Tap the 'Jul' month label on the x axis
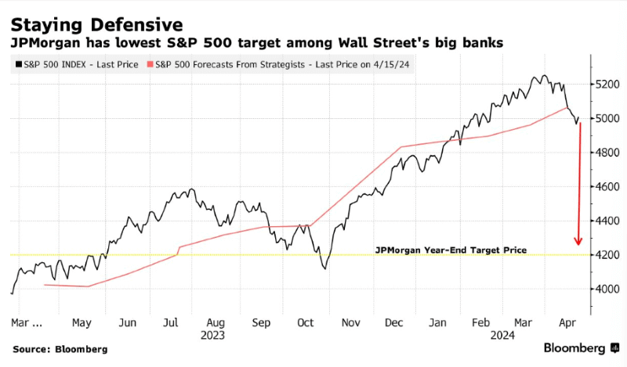click(170, 322)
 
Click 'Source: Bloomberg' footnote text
click(60, 349)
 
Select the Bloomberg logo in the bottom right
click(581, 348)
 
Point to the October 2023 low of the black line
click(324, 269)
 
